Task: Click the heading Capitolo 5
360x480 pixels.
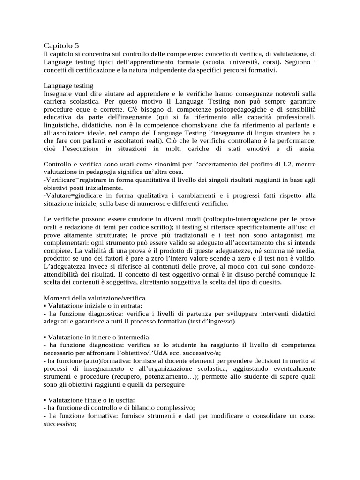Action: click(61, 45)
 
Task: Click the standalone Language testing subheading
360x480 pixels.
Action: click(68, 86)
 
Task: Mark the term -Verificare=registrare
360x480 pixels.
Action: click(76, 180)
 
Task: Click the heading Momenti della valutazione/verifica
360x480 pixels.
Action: click(95, 298)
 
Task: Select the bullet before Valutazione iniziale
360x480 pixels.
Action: click(45, 306)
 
